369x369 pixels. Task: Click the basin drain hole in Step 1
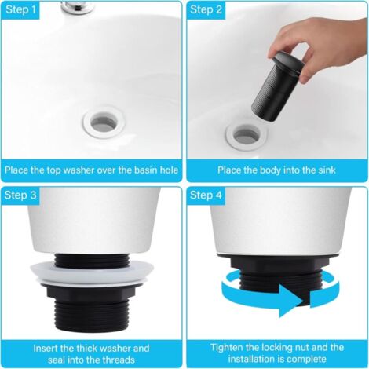coord(102,122)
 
